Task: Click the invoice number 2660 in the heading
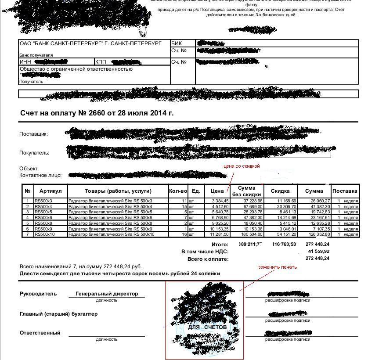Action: point(97,113)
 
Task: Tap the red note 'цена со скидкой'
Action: point(242,166)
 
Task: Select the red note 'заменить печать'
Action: point(277,267)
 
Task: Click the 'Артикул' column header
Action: point(51,191)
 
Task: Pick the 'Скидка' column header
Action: point(280,191)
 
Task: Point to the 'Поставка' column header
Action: point(345,191)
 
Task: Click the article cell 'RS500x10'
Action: point(45,234)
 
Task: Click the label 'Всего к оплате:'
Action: point(208,259)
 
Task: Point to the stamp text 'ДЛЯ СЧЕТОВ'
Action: point(207,328)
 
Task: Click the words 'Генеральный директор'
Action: point(107,294)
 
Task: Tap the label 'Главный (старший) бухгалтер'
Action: point(58,314)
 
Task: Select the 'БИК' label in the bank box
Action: point(176,43)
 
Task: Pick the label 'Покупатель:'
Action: point(34,153)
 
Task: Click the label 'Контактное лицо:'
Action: point(40,175)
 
